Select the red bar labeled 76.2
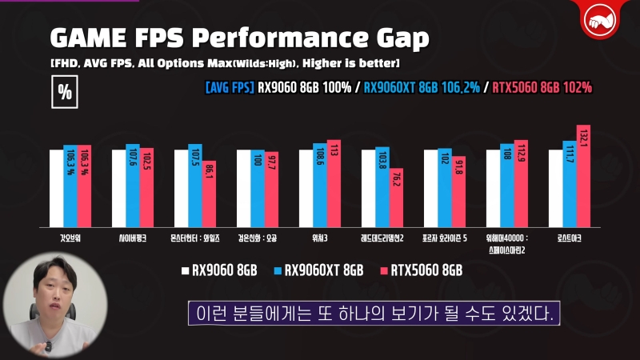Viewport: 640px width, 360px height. point(396,199)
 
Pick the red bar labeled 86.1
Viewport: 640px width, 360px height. point(209,195)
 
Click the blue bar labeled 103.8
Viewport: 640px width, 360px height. point(382,188)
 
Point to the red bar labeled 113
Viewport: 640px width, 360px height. point(334,185)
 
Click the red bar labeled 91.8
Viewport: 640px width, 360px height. point(458,193)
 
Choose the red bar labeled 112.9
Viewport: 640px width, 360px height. point(521,185)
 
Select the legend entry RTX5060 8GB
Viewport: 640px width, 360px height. point(422,270)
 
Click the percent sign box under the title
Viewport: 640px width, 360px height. point(64,91)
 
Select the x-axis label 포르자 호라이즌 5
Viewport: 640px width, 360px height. point(445,238)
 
